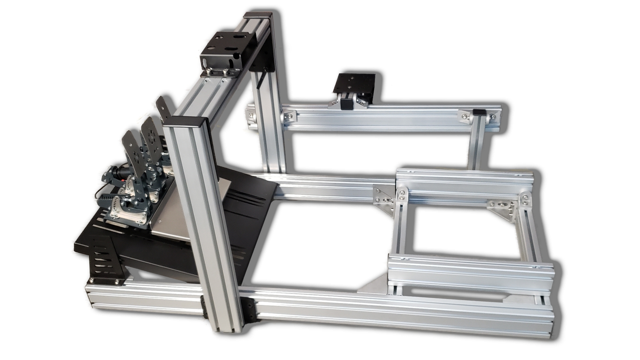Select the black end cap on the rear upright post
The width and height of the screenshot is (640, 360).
coord(258,16)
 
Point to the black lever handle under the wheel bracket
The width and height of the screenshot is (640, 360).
coord(262,80)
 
